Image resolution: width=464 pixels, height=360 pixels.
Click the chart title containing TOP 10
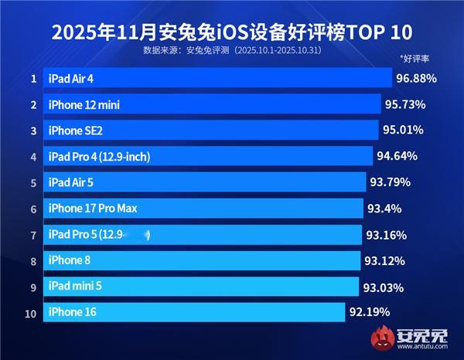point(232,33)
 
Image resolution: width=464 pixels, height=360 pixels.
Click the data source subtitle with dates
point(232,51)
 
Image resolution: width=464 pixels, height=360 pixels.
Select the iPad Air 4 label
point(75,78)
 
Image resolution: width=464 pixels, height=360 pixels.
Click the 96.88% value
point(417,78)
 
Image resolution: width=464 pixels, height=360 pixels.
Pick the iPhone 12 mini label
point(84,104)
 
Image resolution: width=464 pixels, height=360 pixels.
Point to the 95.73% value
point(405,104)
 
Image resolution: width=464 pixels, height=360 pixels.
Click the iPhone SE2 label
point(75,130)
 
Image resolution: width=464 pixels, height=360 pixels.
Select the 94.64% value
point(397,156)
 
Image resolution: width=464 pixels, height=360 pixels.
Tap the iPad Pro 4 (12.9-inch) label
point(99,157)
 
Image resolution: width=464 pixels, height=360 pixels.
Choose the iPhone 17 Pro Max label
point(93,209)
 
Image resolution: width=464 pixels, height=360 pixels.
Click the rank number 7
point(33,235)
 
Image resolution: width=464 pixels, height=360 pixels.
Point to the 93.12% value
point(384,261)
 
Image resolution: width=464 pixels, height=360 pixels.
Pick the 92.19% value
point(369,312)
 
